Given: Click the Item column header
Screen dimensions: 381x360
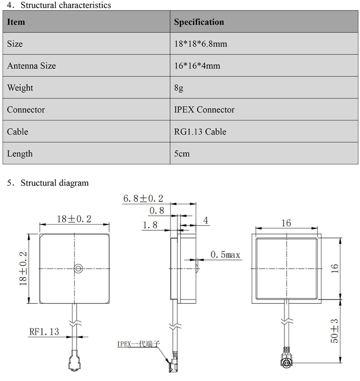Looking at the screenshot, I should [x=16, y=22].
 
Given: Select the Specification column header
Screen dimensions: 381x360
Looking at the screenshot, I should [x=199, y=22].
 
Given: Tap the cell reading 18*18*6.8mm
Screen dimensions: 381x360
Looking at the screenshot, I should [x=201, y=44].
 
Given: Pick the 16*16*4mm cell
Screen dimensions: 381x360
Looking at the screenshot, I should [x=197, y=66].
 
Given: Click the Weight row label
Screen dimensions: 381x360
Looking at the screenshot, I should [x=20, y=88].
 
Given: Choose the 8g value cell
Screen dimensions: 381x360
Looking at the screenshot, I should [x=179, y=88].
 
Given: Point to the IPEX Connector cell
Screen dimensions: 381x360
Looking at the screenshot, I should [x=204, y=110].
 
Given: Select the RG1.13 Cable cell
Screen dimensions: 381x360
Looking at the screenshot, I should [x=200, y=132].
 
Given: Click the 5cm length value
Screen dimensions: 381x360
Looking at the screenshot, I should [x=182, y=154].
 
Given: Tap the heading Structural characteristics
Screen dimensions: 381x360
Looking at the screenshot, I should [x=65, y=5].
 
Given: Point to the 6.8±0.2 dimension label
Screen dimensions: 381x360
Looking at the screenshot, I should [x=143, y=199].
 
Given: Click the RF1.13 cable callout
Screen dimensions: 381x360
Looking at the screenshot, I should [x=44, y=332].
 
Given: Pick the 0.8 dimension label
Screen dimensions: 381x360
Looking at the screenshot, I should [x=157, y=211].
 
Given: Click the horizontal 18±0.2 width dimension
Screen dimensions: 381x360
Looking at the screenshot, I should [x=74, y=219].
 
